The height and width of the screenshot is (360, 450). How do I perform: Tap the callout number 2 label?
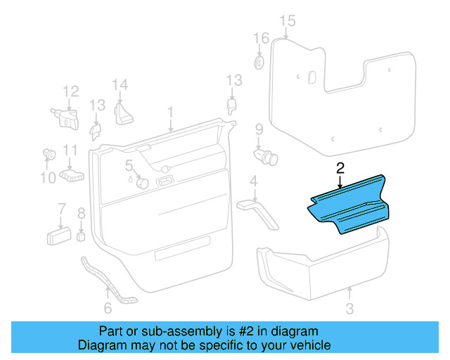[x=340, y=168]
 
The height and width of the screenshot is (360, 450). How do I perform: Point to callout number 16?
[x=261, y=38]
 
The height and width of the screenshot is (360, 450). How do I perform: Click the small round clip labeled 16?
[x=259, y=63]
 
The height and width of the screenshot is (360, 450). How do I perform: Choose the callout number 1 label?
[x=169, y=112]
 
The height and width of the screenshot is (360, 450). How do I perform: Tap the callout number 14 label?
[x=120, y=86]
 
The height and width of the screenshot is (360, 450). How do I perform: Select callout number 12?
[x=71, y=91]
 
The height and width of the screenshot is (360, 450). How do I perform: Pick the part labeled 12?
[x=65, y=116]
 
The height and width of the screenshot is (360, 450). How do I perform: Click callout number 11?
[x=70, y=150]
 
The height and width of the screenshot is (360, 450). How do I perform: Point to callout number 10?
[x=47, y=178]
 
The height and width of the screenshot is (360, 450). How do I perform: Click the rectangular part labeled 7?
[x=59, y=235]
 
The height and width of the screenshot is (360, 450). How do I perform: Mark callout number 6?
[x=108, y=308]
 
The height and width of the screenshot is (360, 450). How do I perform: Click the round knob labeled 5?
[x=142, y=183]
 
